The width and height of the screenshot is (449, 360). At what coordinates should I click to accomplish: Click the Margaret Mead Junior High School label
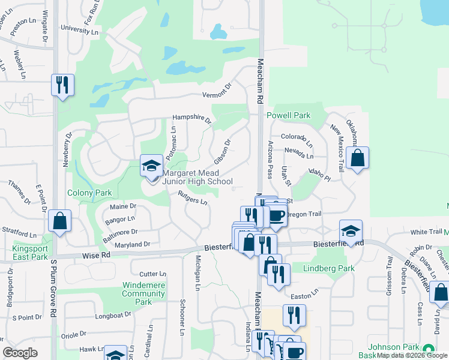pyautogui.click(x=197, y=178)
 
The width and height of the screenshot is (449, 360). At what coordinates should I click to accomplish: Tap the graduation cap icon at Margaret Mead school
pyautogui.click(x=151, y=165)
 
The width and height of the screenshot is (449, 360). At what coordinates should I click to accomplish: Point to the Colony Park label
pyautogui.click(x=89, y=193)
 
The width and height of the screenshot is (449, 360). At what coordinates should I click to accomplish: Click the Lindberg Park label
pyautogui.click(x=328, y=269)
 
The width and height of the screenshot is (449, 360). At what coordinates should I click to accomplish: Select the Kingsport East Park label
pyautogui.click(x=30, y=253)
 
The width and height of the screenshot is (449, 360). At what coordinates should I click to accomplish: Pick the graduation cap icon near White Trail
pyautogui.click(x=351, y=230)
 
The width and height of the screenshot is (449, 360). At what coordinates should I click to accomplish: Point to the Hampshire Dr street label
pyautogui.click(x=192, y=119)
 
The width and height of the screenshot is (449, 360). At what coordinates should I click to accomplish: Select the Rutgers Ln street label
pyautogui.click(x=193, y=197)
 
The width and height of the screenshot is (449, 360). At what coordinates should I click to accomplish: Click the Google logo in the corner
pyautogui.click(x=20, y=353)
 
